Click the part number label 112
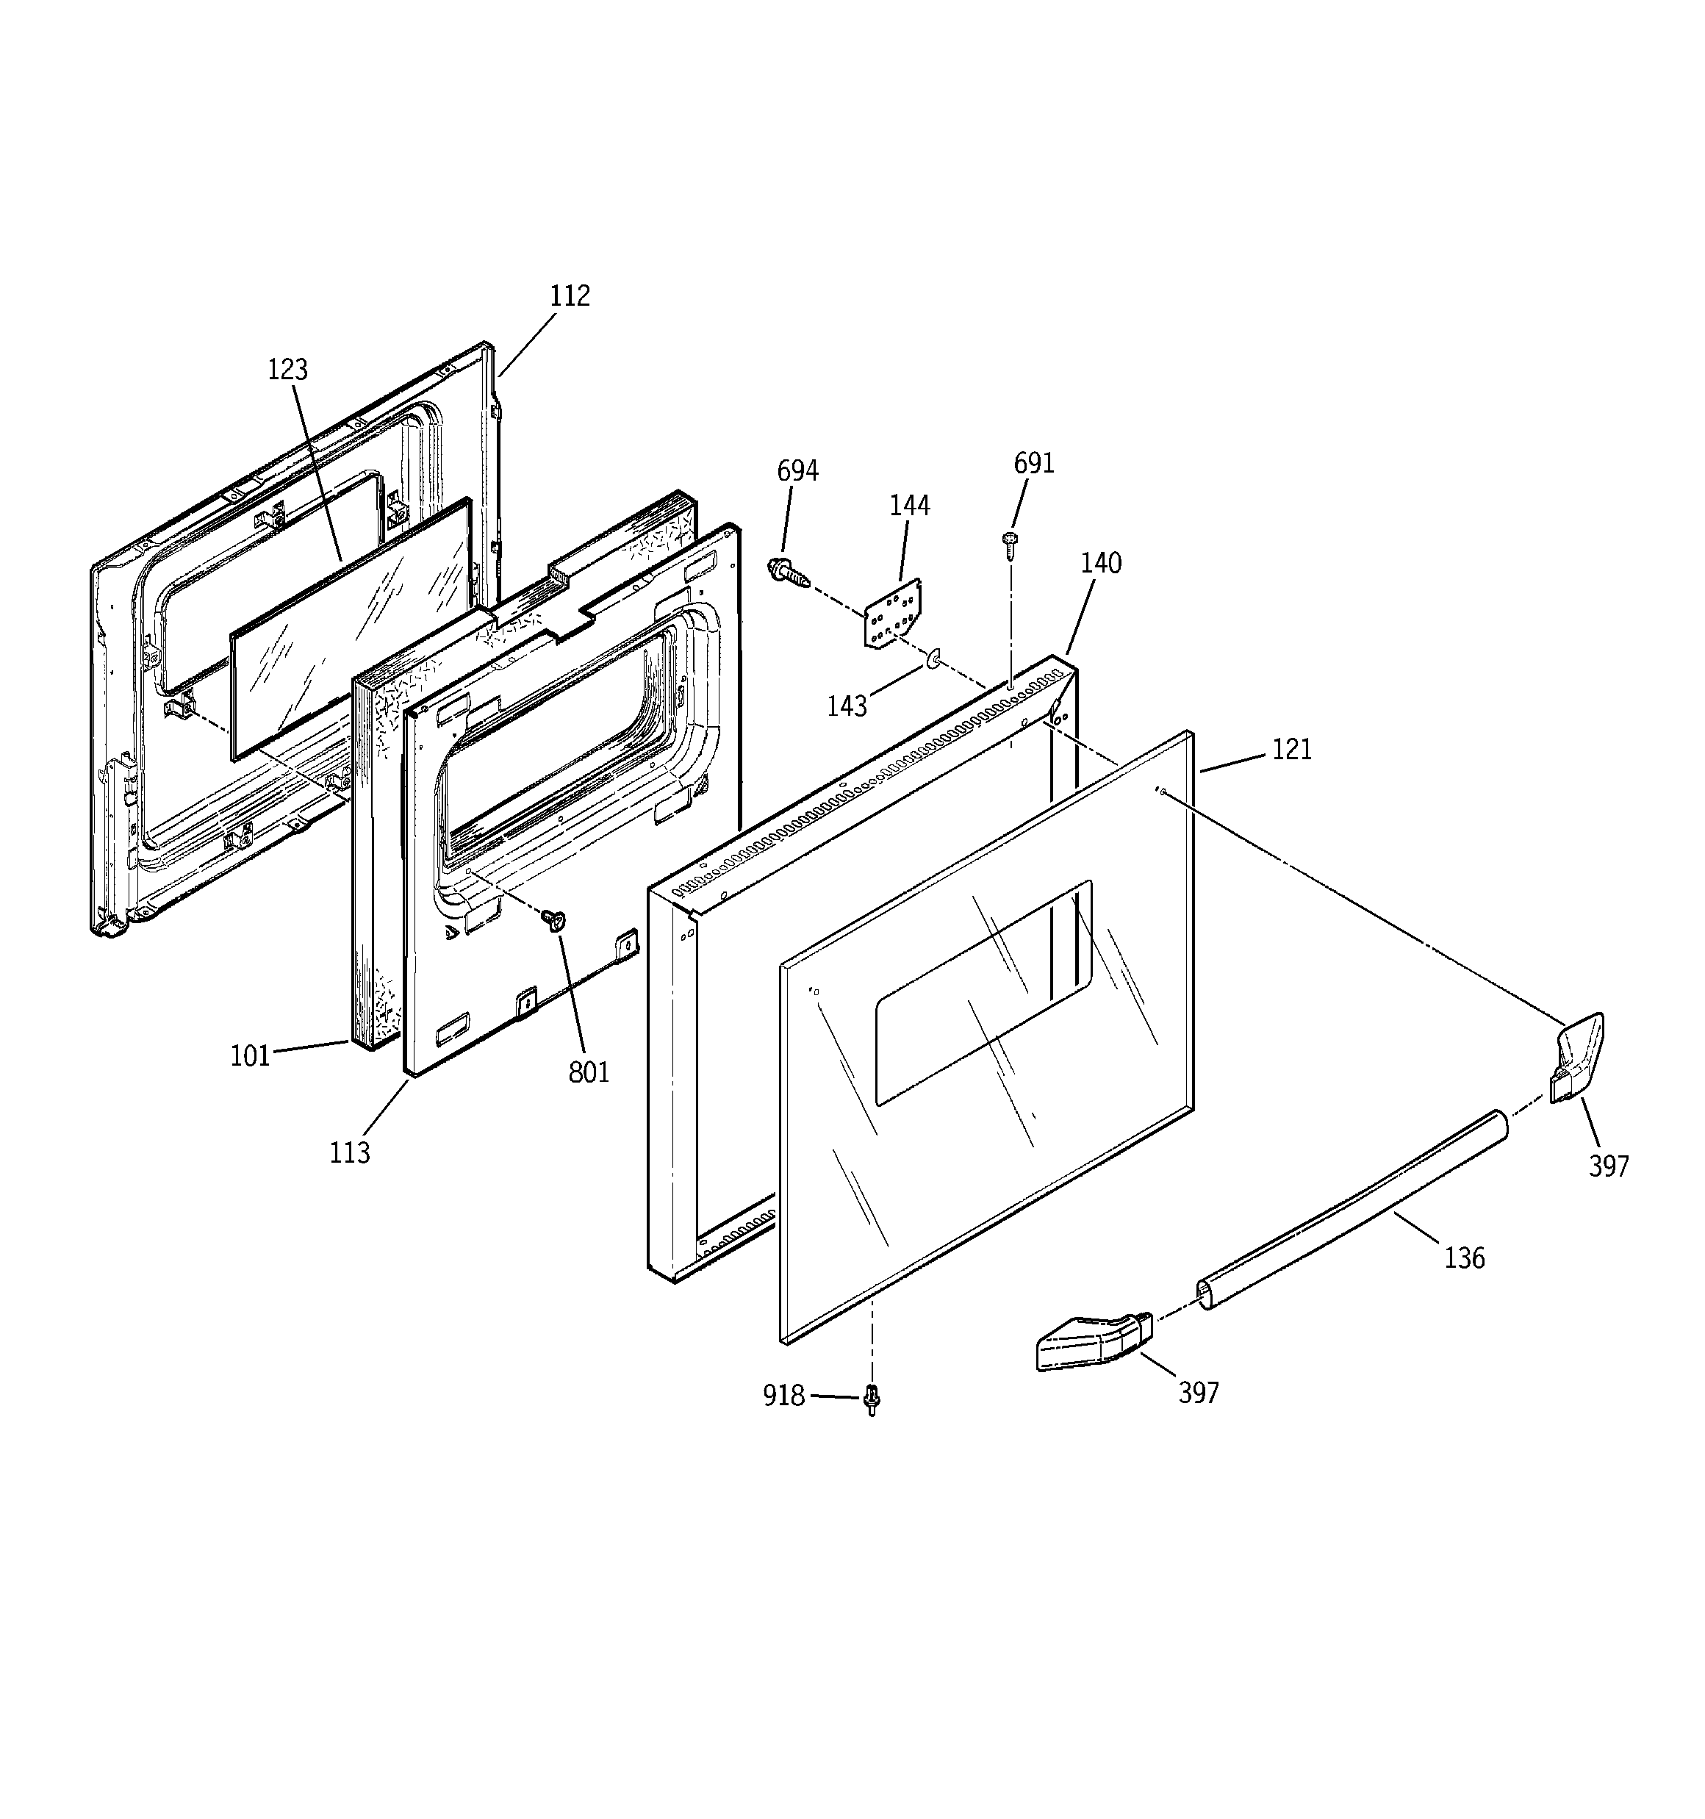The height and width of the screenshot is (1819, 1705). tap(570, 295)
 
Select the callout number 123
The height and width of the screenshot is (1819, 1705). tap(287, 370)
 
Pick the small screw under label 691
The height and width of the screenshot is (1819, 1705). tap(1011, 545)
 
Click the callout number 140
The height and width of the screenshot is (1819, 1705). tap(1100, 563)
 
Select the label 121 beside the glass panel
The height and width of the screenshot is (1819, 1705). tap(1291, 750)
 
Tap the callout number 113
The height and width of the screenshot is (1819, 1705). tap(350, 1152)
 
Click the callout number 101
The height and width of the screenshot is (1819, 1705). tap(250, 1056)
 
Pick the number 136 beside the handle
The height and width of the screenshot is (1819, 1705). tap(1463, 1258)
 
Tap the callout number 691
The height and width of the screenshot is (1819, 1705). tap(1033, 463)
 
